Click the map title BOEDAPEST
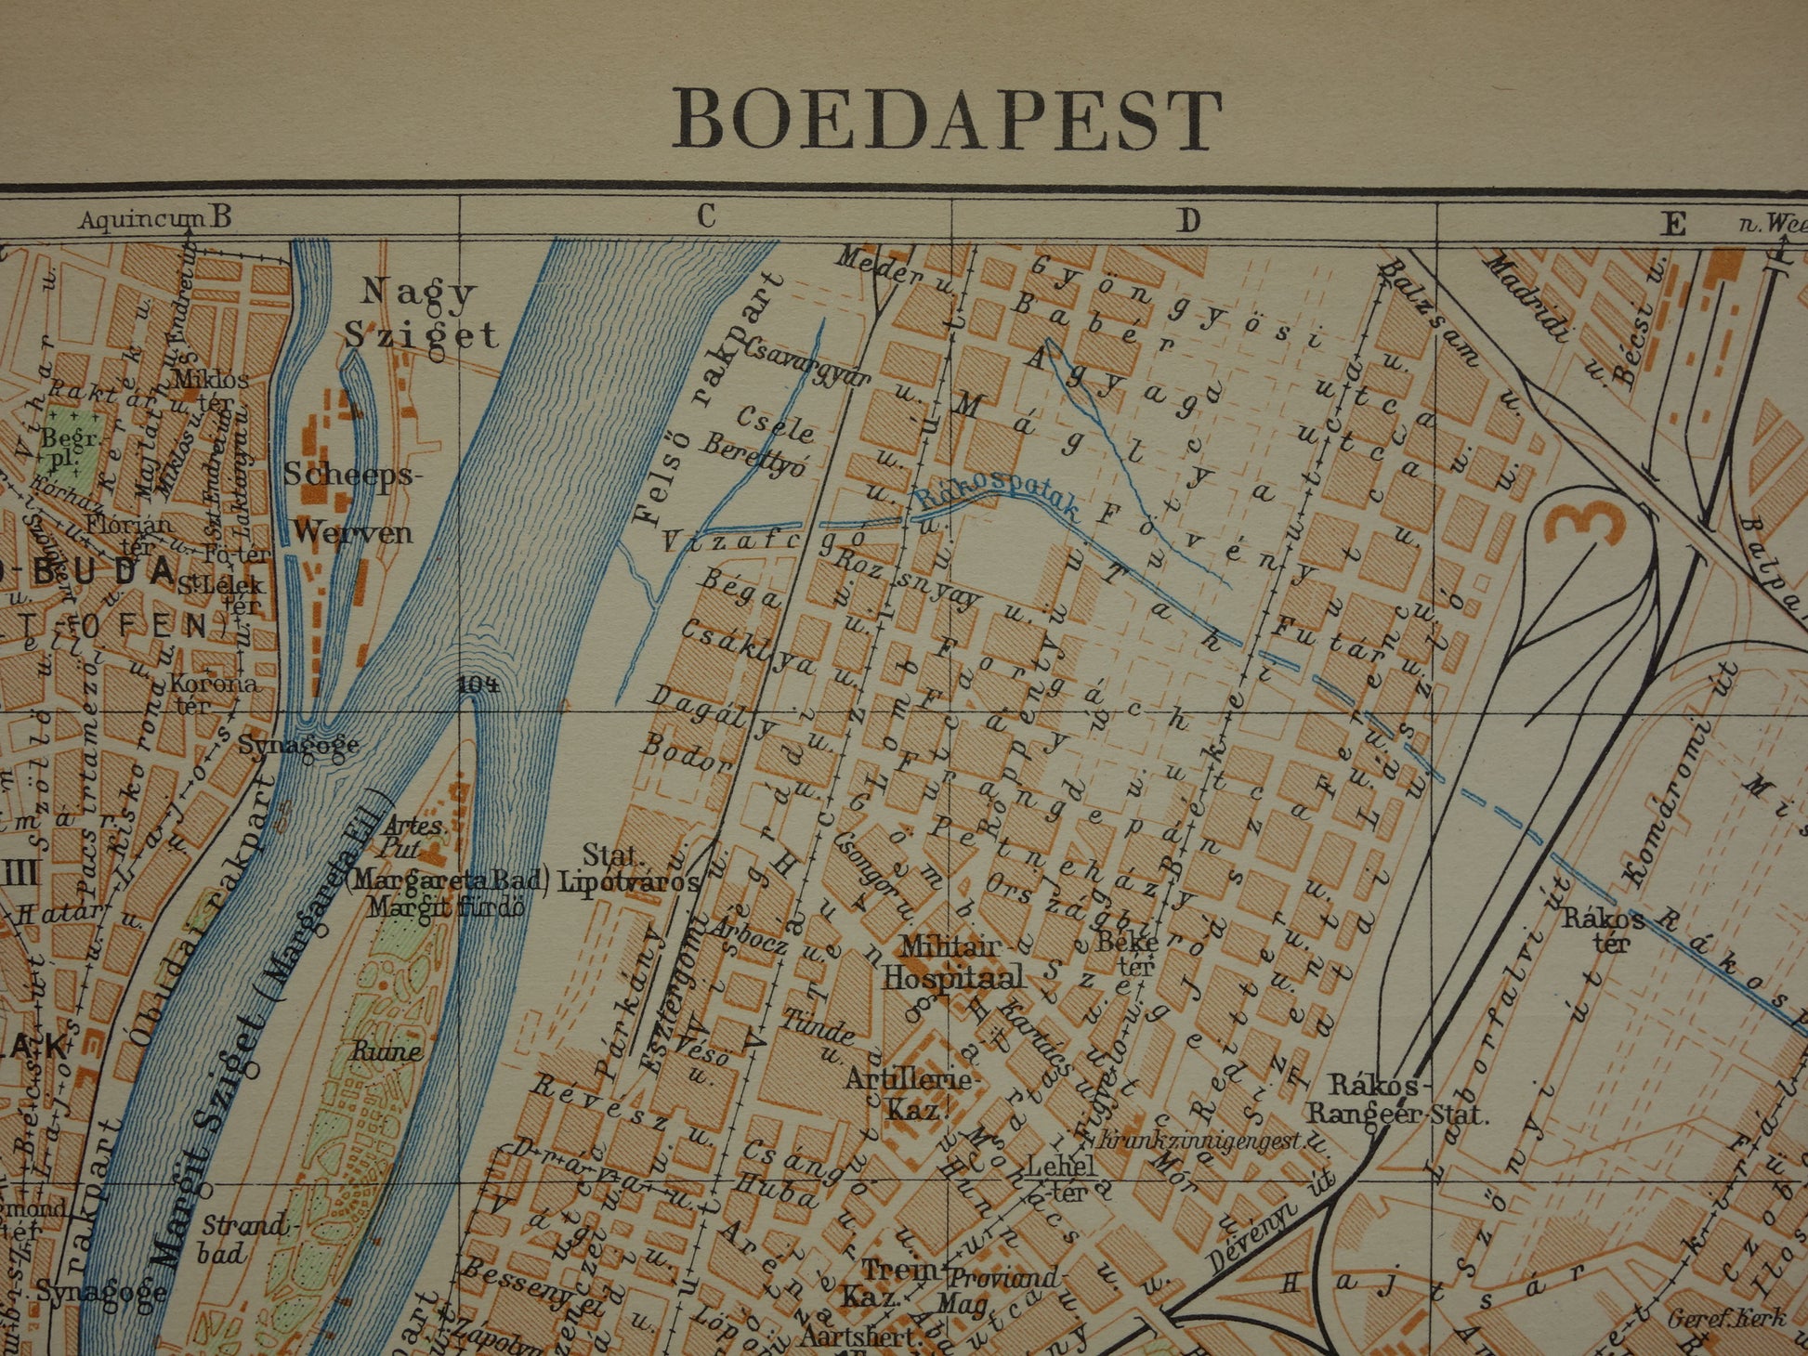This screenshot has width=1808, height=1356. [x=947, y=121]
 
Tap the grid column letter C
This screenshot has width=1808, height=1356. [x=706, y=217]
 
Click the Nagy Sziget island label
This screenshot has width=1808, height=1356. [x=420, y=313]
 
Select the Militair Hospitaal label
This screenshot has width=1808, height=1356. [x=951, y=962]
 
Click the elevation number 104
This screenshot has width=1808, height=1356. [x=478, y=685]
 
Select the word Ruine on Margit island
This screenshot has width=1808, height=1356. [x=386, y=1052]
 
